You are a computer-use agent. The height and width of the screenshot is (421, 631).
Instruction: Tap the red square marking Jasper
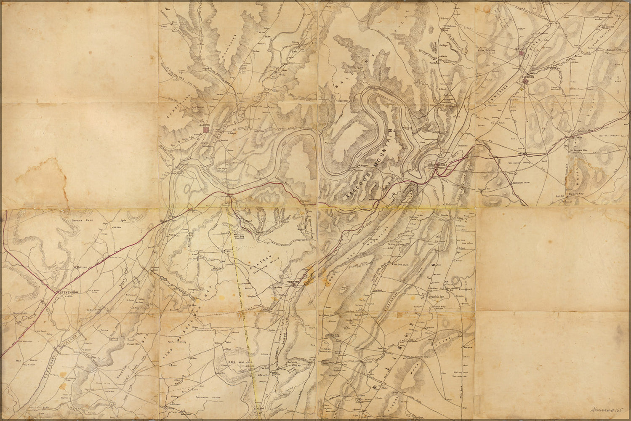[205, 131]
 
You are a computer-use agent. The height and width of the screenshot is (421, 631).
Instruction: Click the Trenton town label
[292, 282]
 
